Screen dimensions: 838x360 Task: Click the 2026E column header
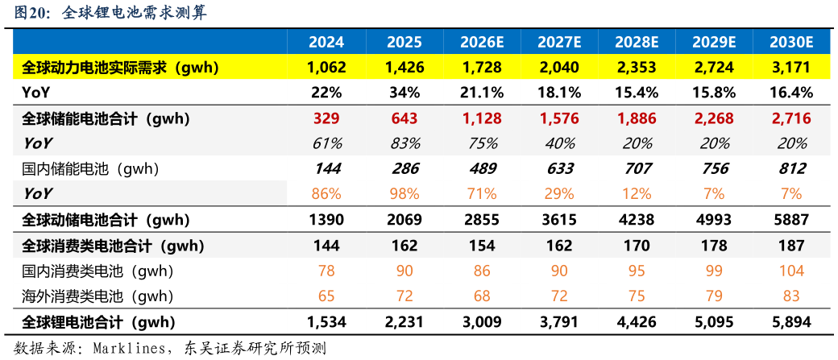pyautogui.click(x=482, y=42)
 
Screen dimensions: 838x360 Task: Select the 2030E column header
pyautogui.click(x=791, y=42)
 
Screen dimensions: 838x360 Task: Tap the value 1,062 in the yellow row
pyautogui.click(x=326, y=68)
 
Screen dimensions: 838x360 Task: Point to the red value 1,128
pyautogui.click(x=482, y=118)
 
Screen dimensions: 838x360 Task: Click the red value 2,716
pyautogui.click(x=791, y=118)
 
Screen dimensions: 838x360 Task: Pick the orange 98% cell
pyautogui.click(x=404, y=192)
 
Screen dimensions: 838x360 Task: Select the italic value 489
pyautogui.click(x=482, y=168)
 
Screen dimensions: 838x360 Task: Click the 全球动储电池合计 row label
pyautogui.click(x=106, y=219)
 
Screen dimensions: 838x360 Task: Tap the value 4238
pyautogui.click(x=637, y=219)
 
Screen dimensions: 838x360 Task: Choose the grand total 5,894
pyautogui.click(x=791, y=322)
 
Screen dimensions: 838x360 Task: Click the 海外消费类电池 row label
pyautogui.click(x=97, y=296)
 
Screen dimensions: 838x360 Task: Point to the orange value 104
pyautogui.click(x=791, y=271)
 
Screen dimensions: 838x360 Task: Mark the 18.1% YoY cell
pyautogui.click(x=559, y=93)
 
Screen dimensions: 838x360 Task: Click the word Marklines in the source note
pyautogui.click(x=128, y=349)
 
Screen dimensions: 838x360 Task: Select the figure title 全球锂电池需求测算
pyautogui.click(x=135, y=13)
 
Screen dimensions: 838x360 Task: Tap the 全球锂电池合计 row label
pyautogui.click(x=98, y=322)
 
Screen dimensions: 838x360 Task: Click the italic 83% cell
pyautogui.click(x=404, y=143)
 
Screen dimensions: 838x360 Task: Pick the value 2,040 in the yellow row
pyautogui.click(x=559, y=68)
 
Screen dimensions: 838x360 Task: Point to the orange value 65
pyautogui.click(x=326, y=296)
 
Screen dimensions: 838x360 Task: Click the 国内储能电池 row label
pyautogui.click(x=90, y=169)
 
